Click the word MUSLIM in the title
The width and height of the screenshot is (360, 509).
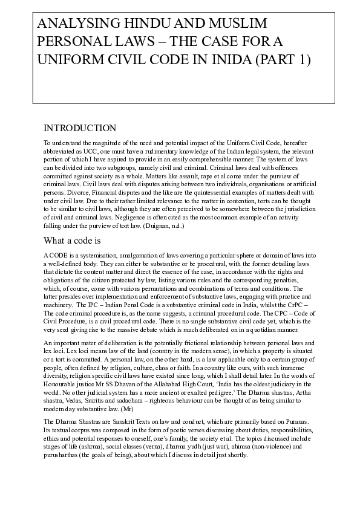coord(232,25)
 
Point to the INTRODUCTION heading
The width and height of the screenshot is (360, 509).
coord(79,128)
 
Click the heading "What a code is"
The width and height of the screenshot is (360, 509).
coord(73,241)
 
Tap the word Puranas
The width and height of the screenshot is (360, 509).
coord(296,421)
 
